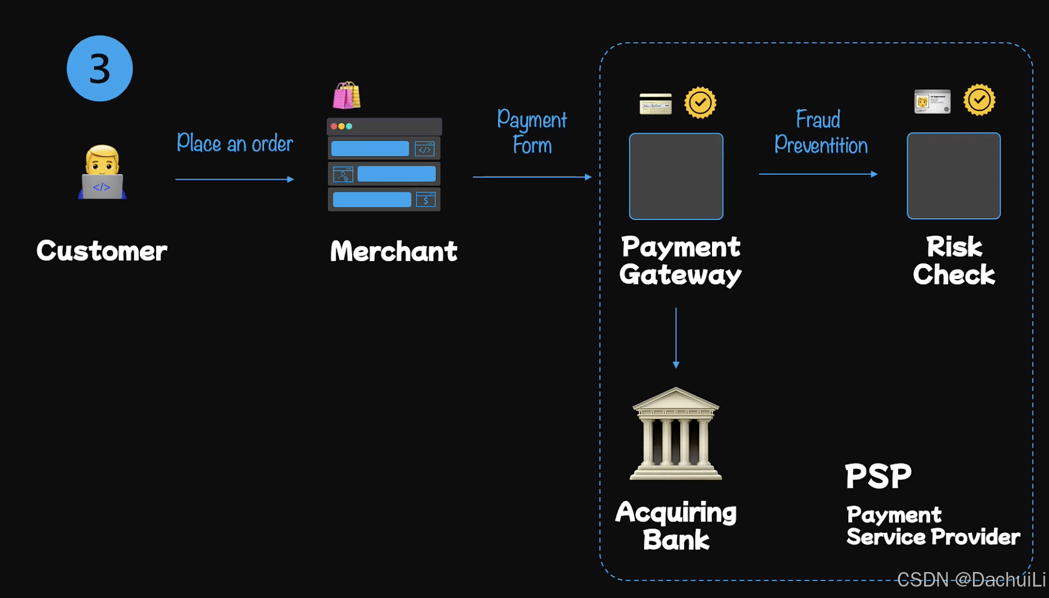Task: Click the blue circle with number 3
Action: coord(99,68)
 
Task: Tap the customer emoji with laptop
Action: coord(102,172)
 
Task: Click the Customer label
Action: coord(101,251)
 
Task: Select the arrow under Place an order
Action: coord(235,179)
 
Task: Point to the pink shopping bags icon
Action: coord(347,95)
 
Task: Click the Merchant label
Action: coord(394,251)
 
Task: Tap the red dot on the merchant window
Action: coord(334,127)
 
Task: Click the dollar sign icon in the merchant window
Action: coord(426,200)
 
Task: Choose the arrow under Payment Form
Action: coord(532,177)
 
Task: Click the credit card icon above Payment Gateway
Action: coord(655,104)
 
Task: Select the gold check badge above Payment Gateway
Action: coord(700,102)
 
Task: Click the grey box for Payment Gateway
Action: coord(676,176)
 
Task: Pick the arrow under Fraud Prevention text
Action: coord(818,174)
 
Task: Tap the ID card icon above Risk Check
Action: coord(932,101)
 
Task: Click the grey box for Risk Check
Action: coord(953,175)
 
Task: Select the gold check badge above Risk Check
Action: coord(979,100)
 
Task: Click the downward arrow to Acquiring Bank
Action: coord(676,338)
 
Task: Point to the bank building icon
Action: coord(675,434)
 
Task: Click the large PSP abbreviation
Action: coord(878,476)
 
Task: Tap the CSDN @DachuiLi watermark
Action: coord(971,579)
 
